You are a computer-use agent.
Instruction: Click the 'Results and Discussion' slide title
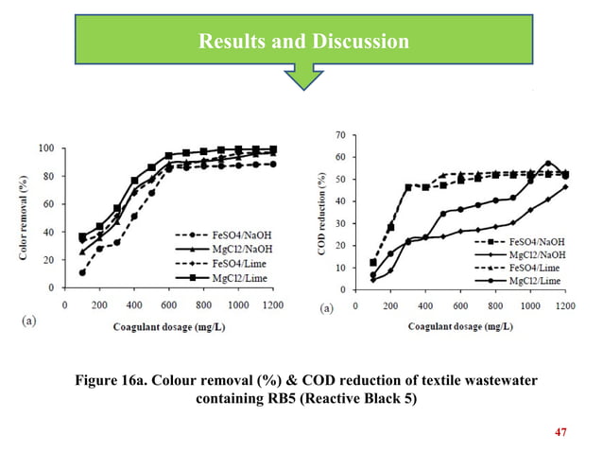pyautogui.click(x=302, y=42)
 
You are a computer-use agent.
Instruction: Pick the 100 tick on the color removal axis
pyautogui.click(x=45, y=148)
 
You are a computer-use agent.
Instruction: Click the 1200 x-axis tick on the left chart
pyautogui.click(x=273, y=304)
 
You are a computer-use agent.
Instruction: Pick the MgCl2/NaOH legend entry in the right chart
pyautogui.click(x=531, y=254)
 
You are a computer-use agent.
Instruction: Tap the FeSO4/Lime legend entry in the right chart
pyautogui.click(x=531, y=268)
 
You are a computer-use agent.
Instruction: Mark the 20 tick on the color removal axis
pyautogui.click(x=48, y=258)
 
